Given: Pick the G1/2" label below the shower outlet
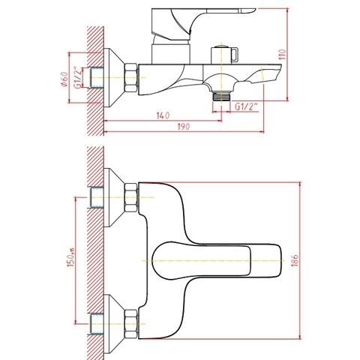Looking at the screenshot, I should tap(247, 107).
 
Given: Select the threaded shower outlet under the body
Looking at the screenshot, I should tap(220, 96).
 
